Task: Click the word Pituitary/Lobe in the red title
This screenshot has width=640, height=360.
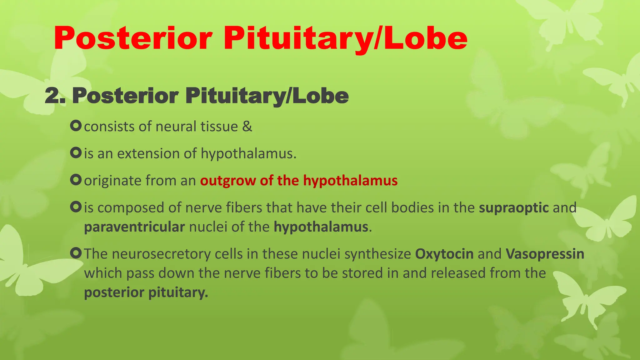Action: [x=345, y=39]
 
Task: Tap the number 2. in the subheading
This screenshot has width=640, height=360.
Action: [x=55, y=96]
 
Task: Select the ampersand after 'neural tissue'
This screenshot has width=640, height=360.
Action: [x=247, y=127]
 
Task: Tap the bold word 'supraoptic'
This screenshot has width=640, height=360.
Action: [x=514, y=208]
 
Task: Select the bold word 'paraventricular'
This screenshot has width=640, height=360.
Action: [x=134, y=227]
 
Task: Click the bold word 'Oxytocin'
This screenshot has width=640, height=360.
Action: [x=444, y=254]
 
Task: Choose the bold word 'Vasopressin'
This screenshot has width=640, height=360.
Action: [x=545, y=254]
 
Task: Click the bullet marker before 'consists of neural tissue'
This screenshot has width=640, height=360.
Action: [x=76, y=126]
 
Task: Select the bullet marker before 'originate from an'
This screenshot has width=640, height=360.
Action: [x=76, y=180]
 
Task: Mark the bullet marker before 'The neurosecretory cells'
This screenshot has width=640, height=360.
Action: [x=76, y=253]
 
